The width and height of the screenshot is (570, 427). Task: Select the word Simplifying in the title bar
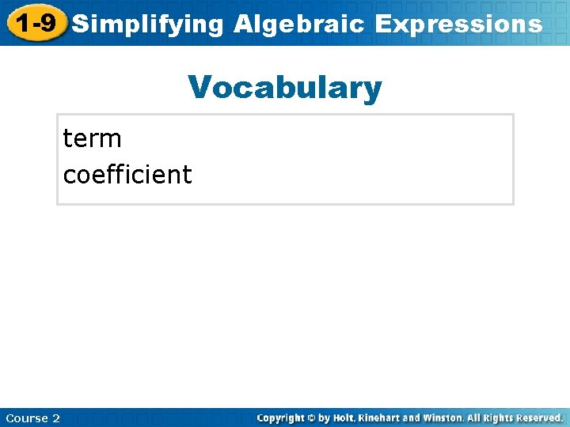[148, 24]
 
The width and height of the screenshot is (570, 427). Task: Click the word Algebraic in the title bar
[299, 24]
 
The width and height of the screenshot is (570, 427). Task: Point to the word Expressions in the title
[458, 24]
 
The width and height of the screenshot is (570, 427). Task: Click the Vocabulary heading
[285, 88]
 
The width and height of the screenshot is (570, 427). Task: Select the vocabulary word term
[92, 139]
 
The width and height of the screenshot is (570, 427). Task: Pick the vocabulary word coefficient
[127, 174]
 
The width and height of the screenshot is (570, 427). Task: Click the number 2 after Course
[56, 418]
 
